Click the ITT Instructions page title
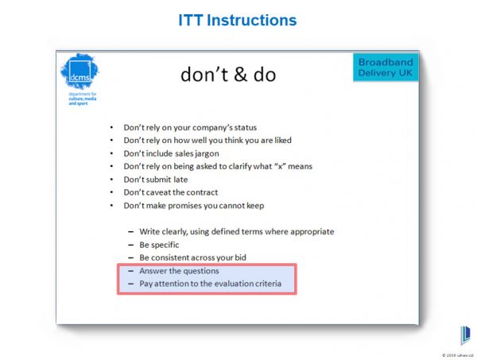coord(238,20)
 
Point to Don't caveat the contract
coord(170,192)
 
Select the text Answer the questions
coord(179,270)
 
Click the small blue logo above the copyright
coord(464,335)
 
